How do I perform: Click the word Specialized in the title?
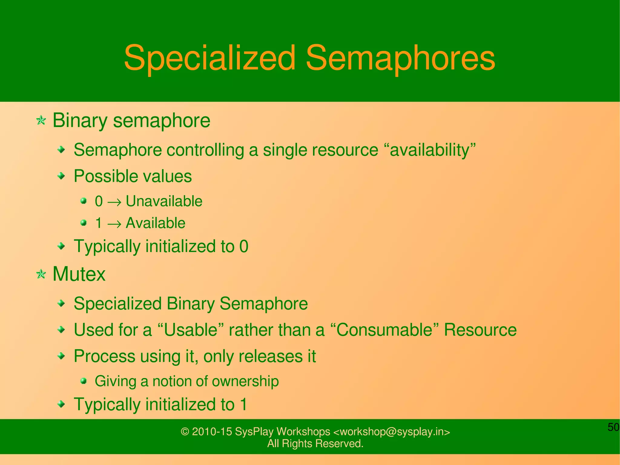point(209,58)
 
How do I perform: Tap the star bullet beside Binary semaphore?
point(41,121)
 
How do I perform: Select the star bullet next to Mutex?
point(41,274)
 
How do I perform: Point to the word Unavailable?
point(164,201)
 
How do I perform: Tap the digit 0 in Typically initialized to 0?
point(244,246)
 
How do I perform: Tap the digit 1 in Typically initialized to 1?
point(244,404)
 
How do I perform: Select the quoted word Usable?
point(191,330)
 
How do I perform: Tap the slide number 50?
point(613,427)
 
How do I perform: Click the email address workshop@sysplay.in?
point(391,432)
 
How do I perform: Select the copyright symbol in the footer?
point(185,432)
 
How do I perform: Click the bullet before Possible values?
point(61,176)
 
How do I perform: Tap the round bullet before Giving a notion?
point(84,381)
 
